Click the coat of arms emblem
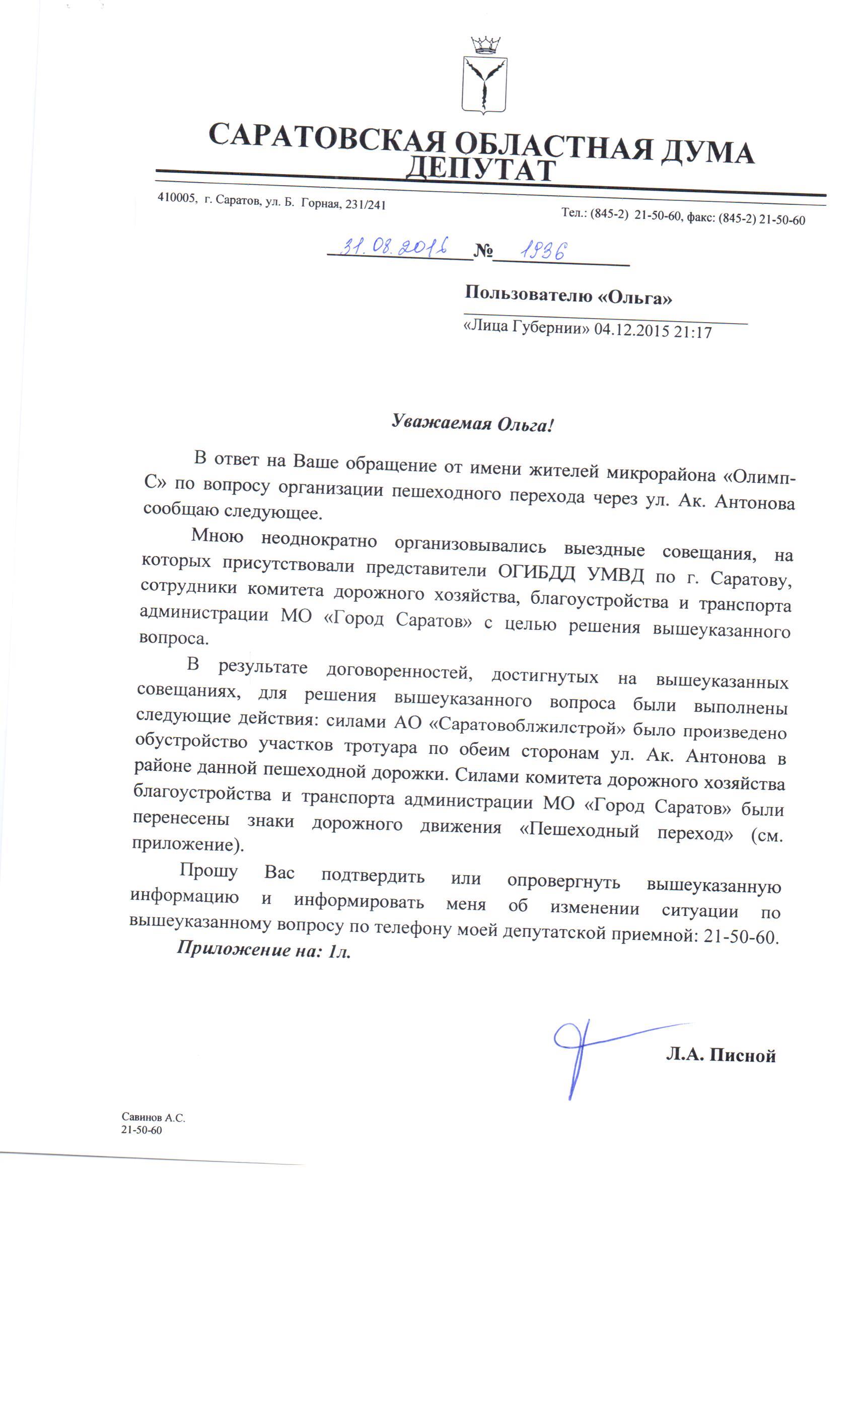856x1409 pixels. [x=484, y=85]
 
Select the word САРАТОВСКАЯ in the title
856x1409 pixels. [x=327, y=137]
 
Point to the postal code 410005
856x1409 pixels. [x=177, y=198]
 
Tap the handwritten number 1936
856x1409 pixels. [x=543, y=251]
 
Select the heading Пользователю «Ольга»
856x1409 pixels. [x=567, y=295]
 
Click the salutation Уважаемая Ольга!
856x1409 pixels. [x=473, y=424]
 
